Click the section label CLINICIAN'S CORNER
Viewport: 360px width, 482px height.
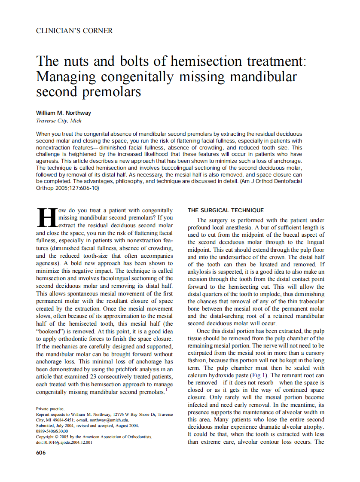(x=74, y=31)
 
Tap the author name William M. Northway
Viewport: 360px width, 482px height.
(x=64, y=113)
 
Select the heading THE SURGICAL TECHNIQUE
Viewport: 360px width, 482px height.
(x=226, y=210)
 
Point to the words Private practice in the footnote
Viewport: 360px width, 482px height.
(x=50, y=409)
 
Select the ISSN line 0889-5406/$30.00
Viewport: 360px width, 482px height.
(x=52, y=431)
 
